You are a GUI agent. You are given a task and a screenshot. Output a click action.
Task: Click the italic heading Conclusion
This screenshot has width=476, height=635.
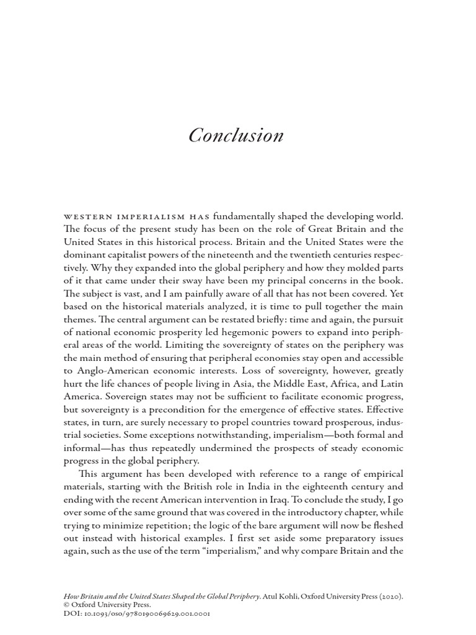pyautogui.click(x=236, y=135)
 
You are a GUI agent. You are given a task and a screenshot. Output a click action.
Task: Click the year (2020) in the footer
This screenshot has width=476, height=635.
pyautogui.click(x=387, y=596)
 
